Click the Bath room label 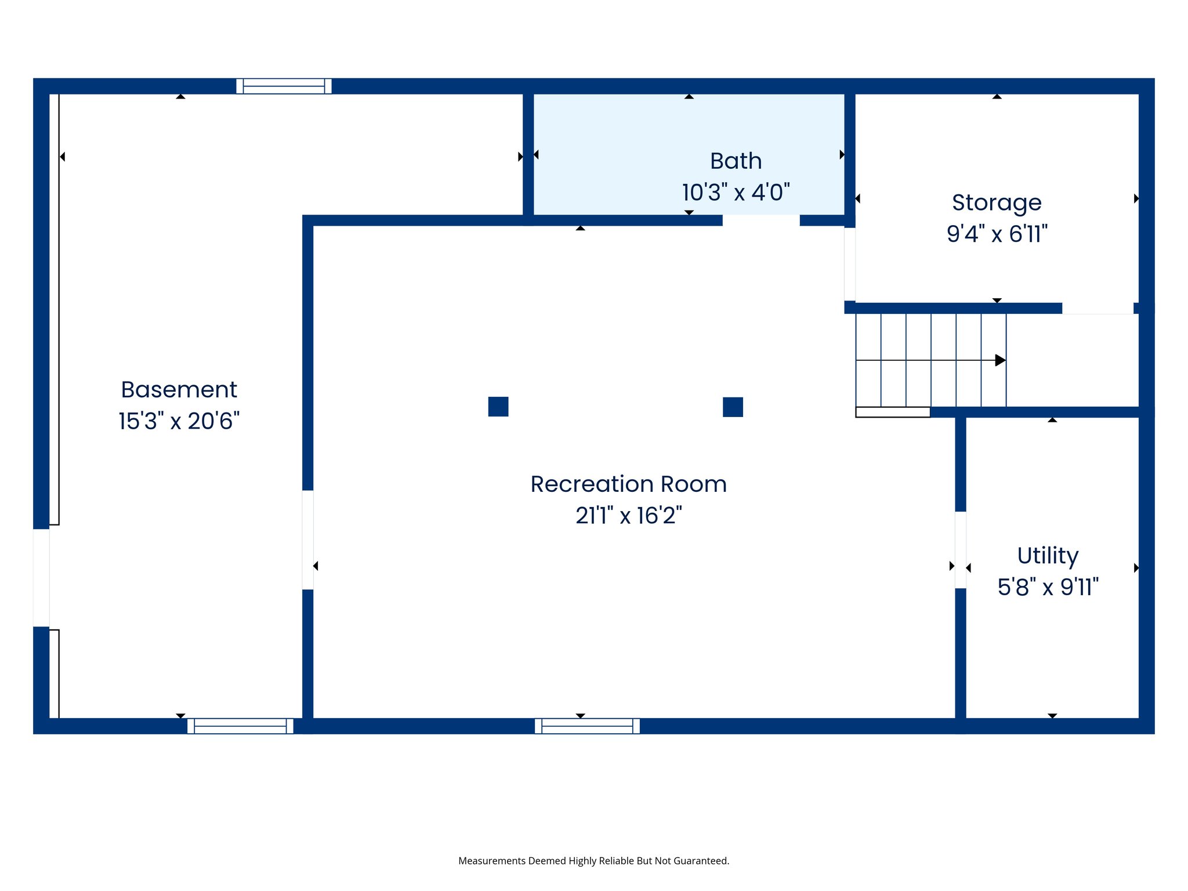tap(736, 161)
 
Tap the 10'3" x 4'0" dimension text tap(736, 193)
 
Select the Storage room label tap(997, 203)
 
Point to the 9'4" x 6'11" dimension tap(997, 234)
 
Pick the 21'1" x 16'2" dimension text tap(628, 516)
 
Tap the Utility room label tap(1048, 556)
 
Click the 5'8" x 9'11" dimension tap(1048, 587)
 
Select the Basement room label tap(179, 390)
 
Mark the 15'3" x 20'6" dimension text tap(179, 421)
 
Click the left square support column tap(498, 407)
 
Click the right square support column tap(733, 407)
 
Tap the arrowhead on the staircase tap(1000, 360)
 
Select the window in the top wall tap(284, 86)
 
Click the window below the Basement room tap(240, 726)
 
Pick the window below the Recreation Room tap(587, 726)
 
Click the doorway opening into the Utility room tap(961, 549)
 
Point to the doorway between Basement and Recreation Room tap(308, 539)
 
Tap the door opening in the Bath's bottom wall tap(761, 220)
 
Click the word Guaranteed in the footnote tap(704, 861)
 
